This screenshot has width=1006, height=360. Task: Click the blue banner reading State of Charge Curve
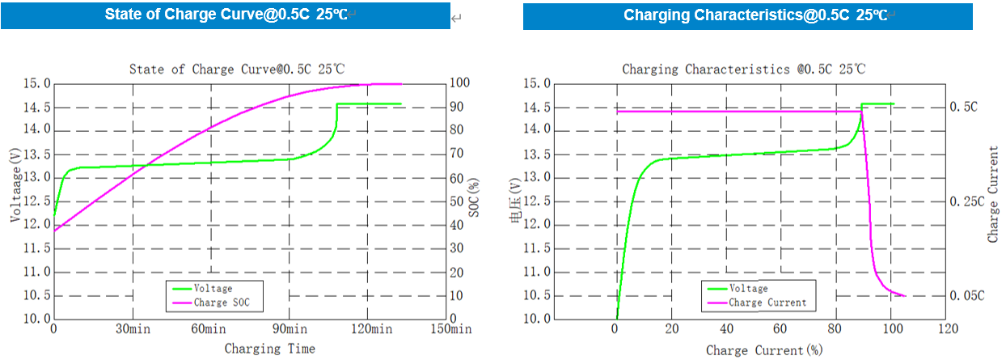click(226, 15)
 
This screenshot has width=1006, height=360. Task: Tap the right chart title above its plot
click(744, 70)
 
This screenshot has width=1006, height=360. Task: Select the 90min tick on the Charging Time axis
click(289, 329)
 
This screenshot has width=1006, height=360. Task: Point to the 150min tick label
click(450, 329)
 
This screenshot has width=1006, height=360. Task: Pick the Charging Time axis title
click(269, 349)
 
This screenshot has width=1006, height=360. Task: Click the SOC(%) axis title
click(475, 201)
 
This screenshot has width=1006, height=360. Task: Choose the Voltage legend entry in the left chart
click(213, 288)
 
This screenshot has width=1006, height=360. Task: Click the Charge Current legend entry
click(767, 303)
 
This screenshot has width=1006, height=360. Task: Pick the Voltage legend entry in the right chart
click(749, 288)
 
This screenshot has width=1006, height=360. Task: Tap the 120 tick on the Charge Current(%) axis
click(947, 329)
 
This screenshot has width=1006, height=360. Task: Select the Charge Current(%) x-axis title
click(764, 350)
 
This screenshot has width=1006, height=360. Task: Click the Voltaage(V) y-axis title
click(15, 185)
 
